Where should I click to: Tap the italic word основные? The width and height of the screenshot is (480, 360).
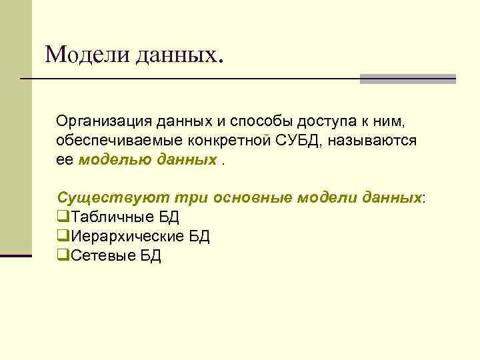(253, 198)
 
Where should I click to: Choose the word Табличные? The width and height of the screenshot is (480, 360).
(102, 217)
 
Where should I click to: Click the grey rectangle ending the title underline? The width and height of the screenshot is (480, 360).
(407, 79)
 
